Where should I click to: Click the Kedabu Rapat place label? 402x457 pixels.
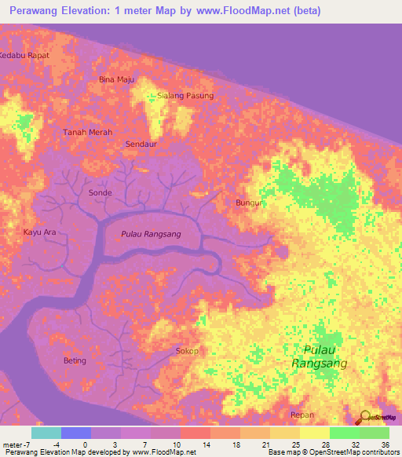24,55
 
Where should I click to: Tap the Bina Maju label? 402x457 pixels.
116,79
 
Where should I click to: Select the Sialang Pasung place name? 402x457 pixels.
185,96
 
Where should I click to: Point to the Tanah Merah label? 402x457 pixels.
87,133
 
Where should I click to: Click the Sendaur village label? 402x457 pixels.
142,144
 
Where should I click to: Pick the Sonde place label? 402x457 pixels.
100,192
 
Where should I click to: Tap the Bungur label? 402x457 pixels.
248,203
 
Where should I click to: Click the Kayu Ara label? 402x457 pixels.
39,232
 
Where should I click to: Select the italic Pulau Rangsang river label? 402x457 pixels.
151,234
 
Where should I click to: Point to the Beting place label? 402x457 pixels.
75,360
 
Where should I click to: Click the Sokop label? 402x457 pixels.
187,351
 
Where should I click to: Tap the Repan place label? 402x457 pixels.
301,415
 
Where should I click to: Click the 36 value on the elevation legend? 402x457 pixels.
385,444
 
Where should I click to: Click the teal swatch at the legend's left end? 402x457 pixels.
46,433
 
